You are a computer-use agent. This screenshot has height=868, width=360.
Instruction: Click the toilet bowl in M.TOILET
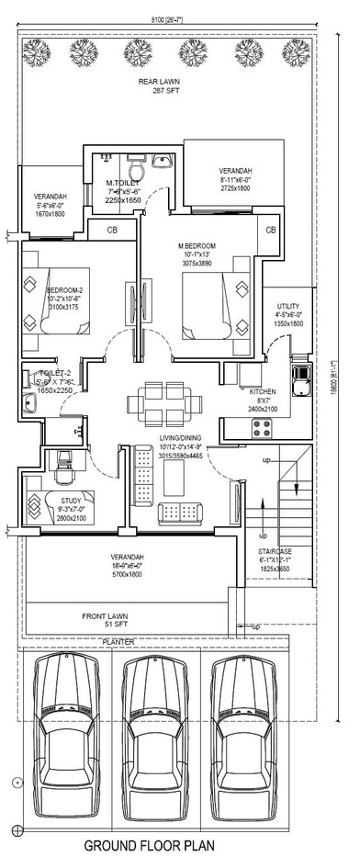pyautogui.click(x=135, y=171)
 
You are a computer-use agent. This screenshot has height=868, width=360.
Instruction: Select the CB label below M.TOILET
pyautogui.click(x=111, y=230)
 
